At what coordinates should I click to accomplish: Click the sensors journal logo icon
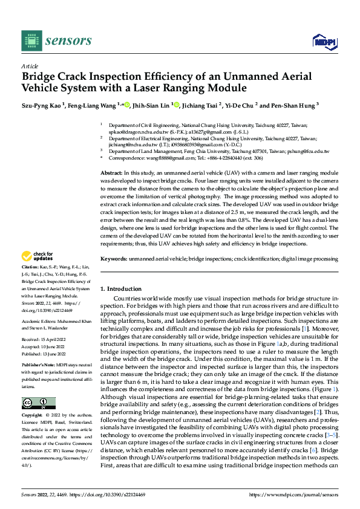(x=31, y=41)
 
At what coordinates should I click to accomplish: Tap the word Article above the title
(x=30, y=66)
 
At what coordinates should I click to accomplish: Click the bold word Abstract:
(x=112, y=173)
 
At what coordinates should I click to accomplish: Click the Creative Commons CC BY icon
(x=39, y=404)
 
